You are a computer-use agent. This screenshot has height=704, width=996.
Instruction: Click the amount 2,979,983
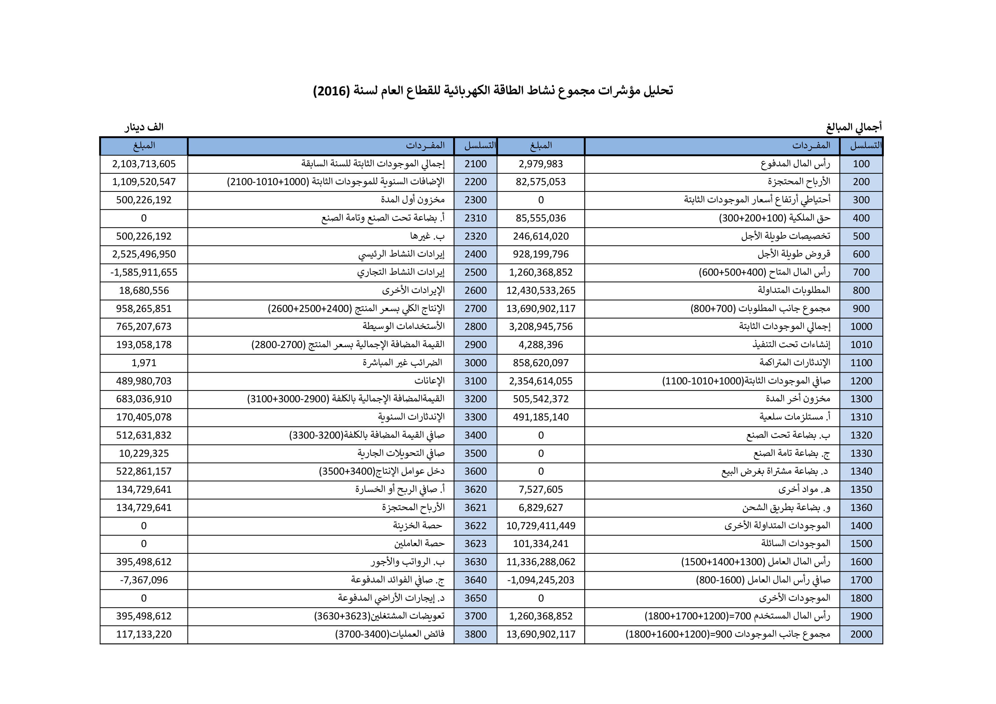(541, 164)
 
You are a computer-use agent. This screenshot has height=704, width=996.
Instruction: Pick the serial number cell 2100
(476, 164)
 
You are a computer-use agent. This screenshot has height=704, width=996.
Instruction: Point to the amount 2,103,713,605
(144, 164)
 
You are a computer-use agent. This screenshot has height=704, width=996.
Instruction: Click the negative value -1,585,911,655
(144, 273)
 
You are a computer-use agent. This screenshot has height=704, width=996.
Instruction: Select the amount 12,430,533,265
(541, 291)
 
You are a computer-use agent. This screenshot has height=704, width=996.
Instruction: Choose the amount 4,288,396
(541, 345)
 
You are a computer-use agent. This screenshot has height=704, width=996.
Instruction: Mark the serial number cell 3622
(476, 526)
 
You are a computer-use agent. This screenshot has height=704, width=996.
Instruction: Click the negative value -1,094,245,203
(541, 580)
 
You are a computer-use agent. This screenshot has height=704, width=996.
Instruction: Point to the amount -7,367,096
(144, 580)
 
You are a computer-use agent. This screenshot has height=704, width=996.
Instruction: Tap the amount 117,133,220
(144, 634)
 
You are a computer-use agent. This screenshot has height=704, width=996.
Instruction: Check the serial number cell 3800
(476, 634)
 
